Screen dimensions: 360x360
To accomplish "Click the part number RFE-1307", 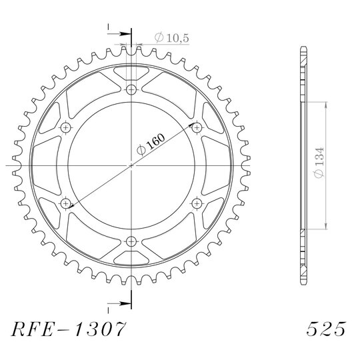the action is (x=69, y=329).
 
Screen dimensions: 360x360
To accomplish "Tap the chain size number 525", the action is (x=326, y=329).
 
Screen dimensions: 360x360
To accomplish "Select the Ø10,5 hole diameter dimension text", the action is (x=172, y=37).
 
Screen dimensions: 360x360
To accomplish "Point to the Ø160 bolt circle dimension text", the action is (x=151, y=145).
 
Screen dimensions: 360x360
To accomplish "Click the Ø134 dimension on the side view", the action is (x=319, y=163).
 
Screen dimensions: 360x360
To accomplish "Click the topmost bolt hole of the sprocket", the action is (x=131, y=89).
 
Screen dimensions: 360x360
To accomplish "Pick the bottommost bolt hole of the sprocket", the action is (x=131, y=241).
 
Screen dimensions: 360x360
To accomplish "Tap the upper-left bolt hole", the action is (x=66, y=127).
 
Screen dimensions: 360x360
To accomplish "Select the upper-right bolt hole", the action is (x=197, y=127).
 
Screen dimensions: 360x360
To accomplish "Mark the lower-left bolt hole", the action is (x=66, y=203).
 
